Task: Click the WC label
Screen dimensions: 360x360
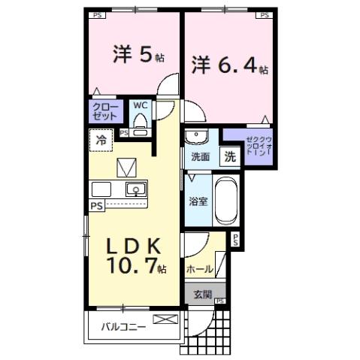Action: point(141,106)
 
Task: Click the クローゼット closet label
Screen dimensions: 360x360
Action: point(105,113)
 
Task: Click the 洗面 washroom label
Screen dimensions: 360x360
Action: point(199,157)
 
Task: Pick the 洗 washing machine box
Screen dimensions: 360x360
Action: point(229,157)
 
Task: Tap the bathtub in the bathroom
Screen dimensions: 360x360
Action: point(225,199)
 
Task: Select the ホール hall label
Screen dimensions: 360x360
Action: point(198,268)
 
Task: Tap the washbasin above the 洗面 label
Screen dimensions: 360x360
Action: point(197,138)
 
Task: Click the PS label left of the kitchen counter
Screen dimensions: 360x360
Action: point(96,205)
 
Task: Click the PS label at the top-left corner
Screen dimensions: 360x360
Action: point(96,14)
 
